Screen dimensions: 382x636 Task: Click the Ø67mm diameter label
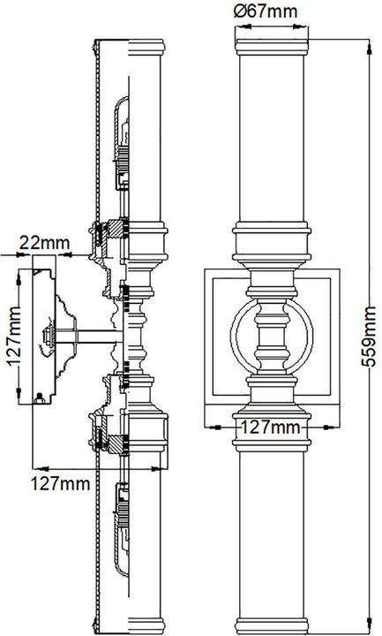266,11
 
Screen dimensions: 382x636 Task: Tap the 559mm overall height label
368,337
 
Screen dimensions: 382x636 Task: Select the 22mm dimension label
45,243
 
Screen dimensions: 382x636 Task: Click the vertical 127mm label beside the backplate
14,337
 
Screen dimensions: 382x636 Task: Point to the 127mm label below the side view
60,483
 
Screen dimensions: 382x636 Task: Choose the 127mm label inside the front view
271,427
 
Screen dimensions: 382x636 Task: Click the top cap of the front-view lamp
272,47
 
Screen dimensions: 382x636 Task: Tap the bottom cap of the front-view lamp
272,626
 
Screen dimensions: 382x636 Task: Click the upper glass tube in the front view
272,138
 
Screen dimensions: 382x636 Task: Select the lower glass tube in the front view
272,535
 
